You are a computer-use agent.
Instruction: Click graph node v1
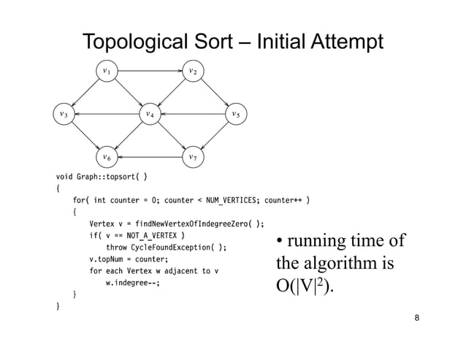(x=107, y=72)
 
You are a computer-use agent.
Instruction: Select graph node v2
(x=192, y=72)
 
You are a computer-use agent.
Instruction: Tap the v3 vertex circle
(x=64, y=115)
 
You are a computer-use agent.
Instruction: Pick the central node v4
(x=150, y=115)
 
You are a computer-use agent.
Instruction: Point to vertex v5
(x=235, y=115)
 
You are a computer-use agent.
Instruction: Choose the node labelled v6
(x=107, y=157)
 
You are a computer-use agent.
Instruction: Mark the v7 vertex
(x=192, y=157)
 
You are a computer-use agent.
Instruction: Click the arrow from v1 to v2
(x=150, y=72)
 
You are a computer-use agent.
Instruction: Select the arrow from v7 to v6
(x=150, y=157)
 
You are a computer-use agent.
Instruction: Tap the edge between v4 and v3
(x=107, y=115)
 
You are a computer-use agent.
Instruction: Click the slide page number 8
(x=416, y=318)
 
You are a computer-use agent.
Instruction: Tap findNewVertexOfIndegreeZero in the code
(x=193, y=224)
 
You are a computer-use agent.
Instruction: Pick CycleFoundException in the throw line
(x=176, y=248)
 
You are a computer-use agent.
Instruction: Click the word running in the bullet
(x=319, y=242)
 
